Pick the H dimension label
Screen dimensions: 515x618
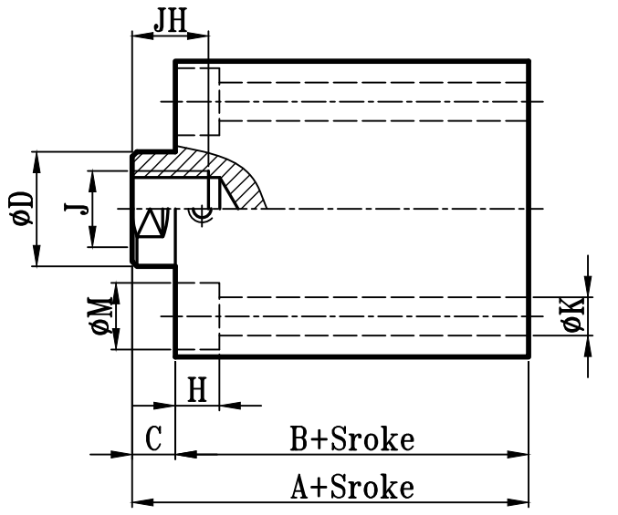click(x=196, y=391)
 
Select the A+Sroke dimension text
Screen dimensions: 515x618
click(x=352, y=488)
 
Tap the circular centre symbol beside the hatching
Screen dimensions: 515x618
click(x=203, y=213)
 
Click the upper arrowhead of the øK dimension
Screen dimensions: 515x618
click(x=589, y=289)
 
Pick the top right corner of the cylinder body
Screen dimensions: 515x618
click(x=529, y=61)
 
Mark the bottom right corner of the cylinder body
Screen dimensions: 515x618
click(x=529, y=356)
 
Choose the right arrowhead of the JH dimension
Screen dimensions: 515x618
click(x=204, y=36)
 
